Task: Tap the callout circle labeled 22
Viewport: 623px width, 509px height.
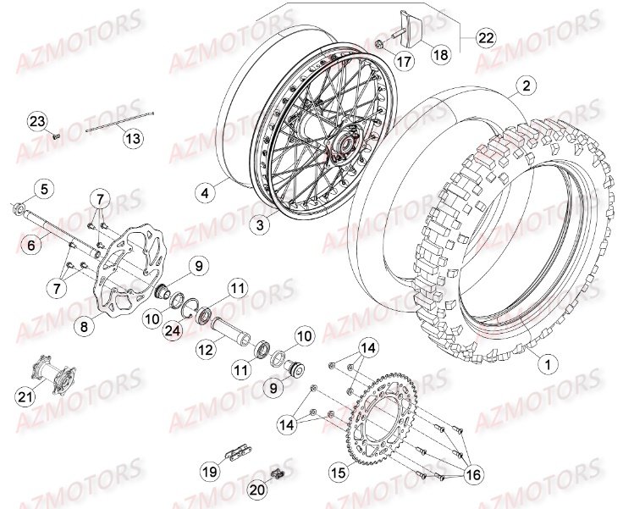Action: [x=486, y=37]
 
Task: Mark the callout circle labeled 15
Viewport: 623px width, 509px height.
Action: [x=337, y=473]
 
